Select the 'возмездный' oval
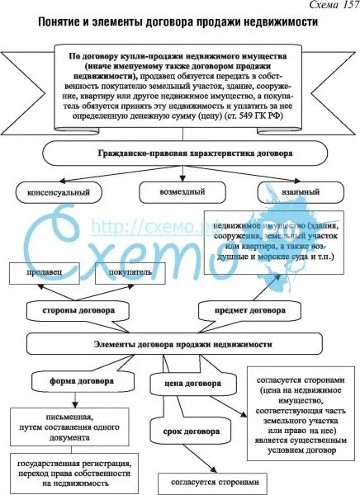point(169,191)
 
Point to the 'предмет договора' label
point(252,312)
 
